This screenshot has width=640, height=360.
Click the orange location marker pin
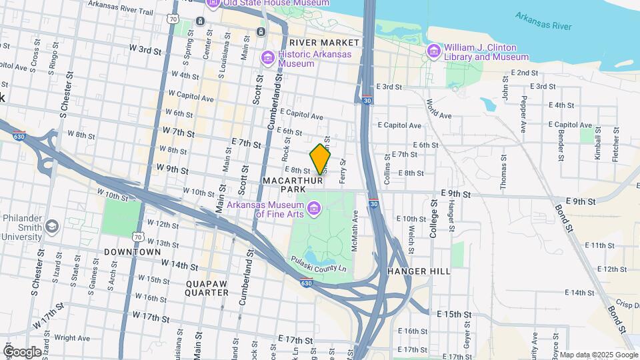[321, 159]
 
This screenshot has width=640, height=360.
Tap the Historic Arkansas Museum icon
[268, 59]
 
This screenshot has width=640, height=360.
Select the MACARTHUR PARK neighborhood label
[293, 186]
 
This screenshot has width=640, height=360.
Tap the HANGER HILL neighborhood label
[419, 271]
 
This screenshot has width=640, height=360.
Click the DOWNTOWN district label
[132, 252]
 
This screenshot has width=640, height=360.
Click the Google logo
[22, 351]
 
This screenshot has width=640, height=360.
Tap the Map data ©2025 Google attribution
[598, 355]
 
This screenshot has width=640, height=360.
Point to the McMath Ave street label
[355, 226]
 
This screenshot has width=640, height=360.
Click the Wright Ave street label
[71, 338]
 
